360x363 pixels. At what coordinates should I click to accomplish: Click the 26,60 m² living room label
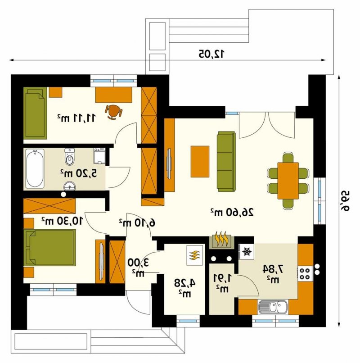pyautogui.click(x=232, y=212)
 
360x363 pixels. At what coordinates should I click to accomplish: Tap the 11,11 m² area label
pyautogui.click(x=76, y=118)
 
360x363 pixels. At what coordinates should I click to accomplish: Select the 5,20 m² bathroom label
pyautogui.click(x=79, y=173)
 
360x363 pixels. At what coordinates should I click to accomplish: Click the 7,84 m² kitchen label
pyautogui.click(x=273, y=274)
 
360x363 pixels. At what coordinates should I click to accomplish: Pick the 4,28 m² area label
pyautogui.click(x=185, y=287)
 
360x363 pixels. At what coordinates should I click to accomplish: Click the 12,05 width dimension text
pyautogui.click(x=211, y=54)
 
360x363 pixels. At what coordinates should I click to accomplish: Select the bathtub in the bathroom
pyautogui.click(x=35, y=168)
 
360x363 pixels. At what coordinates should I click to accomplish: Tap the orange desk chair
pyautogui.click(x=113, y=112)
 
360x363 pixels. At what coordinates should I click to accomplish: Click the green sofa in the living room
pyautogui.click(x=226, y=162)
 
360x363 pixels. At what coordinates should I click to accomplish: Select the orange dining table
pyautogui.click(x=288, y=181)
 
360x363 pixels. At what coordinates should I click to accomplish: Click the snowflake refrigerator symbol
pyautogui.click(x=247, y=251)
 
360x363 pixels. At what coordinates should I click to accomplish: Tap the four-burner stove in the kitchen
pyautogui.click(x=305, y=273)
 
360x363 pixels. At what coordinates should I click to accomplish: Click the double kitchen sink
pyautogui.click(x=273, y=308)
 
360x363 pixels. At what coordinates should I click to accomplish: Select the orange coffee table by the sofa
pyautogui.click(x=200, y=162)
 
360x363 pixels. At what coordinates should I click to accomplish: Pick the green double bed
pyautogui.click(x=50, y=247)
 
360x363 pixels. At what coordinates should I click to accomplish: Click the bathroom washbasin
pyautogui.click(x=69, y=186)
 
